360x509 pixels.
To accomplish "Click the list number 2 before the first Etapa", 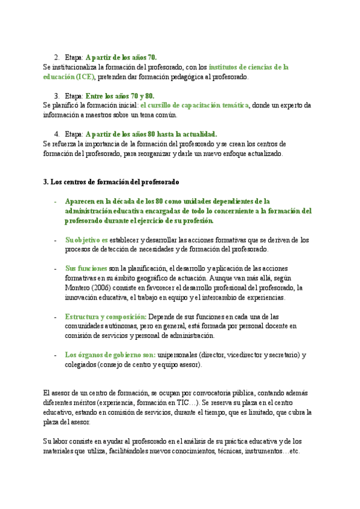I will (x=56, y=57).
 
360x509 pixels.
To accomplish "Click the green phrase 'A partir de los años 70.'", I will (x=122, y=57).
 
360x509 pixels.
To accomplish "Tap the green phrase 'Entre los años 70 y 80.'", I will (x=120, y=95).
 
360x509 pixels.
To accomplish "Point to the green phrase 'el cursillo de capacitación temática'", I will (x=194, y=105).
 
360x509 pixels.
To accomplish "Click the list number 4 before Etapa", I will (x=56, y=134).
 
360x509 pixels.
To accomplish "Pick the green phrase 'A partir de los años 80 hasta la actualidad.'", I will (x=151, y=134).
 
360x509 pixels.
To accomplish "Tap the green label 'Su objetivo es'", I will (x=86, y=239).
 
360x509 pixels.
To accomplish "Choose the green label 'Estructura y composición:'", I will (x=106, y=316).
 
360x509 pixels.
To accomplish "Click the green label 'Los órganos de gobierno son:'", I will (x=110, y=355).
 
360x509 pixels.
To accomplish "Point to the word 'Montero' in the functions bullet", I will (x=78, y=288).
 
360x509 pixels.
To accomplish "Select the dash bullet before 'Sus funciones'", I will (x=55, y=269).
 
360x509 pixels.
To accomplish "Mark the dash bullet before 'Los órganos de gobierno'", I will (x=55, y=355).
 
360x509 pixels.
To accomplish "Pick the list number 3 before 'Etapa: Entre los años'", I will (x=56, y=95).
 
